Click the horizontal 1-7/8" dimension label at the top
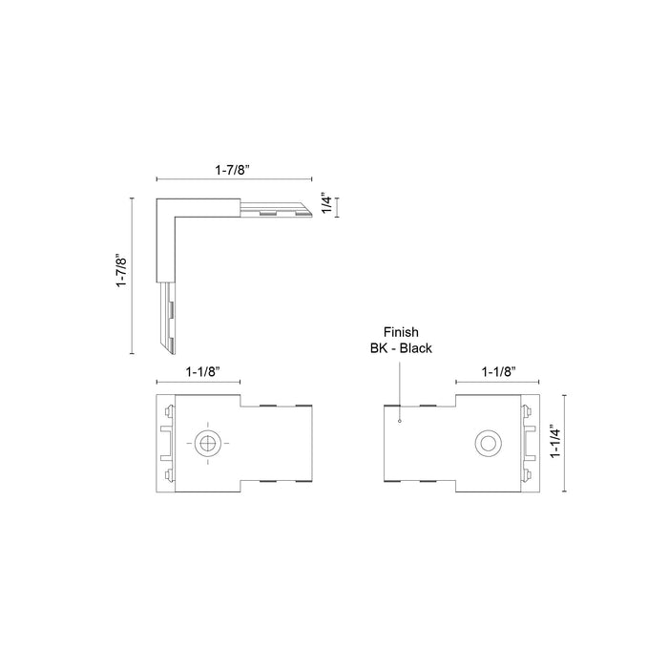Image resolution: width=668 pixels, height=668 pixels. tap(234, 168)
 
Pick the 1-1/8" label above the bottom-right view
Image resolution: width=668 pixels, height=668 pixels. tap(499, 371)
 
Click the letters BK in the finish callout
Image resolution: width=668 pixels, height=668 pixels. tap(380, 348)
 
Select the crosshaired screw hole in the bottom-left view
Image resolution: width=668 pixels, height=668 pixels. tap(207, 442)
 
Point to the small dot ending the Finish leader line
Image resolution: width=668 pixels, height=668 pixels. tap(401, 420)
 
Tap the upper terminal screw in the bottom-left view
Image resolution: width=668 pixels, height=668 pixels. tap(168, 412)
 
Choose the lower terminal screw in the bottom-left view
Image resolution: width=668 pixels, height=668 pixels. tap(168, 473)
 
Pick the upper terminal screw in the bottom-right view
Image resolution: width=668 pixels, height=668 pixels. tap(526, 412)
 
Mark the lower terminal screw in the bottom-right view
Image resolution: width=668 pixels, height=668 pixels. tap(526, 473)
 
